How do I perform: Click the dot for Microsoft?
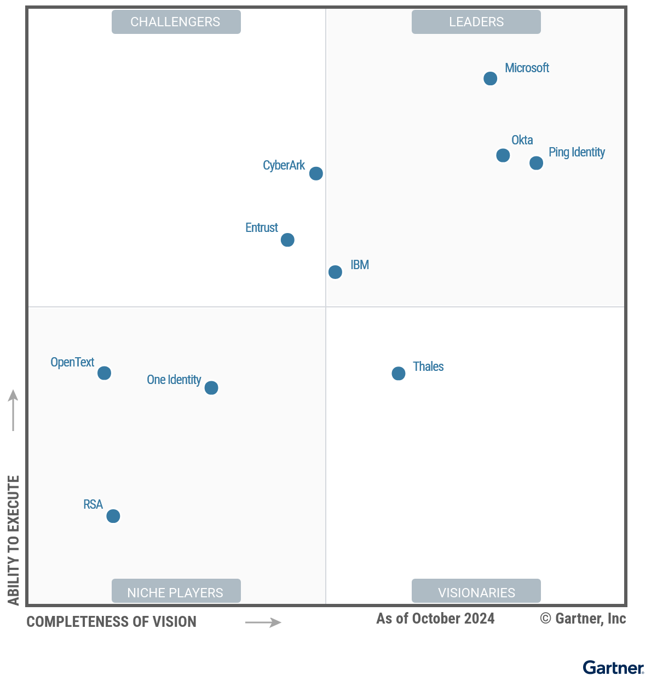click(x=490, y=79)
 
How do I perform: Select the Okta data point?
click(x=503, y=155)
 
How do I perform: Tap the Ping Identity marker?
click(x=536, y=163)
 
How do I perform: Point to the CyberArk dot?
click(x=316, y=173)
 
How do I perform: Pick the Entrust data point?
click(x=287, y=240)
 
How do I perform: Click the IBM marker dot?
click(x=335, y=272)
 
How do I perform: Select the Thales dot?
click(x=399, y=374)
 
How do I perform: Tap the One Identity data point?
click(x=211, y=388)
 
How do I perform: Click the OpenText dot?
click(x=104, y=373)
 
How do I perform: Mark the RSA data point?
click(x=113, y=516)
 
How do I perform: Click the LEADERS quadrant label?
click(x=476, y=22)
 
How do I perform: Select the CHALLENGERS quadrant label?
click(x=176, y=22)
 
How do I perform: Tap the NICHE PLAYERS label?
click(x=176, y=592)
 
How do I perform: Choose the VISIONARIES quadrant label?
click(x=476, y=592)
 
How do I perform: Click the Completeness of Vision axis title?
click(x=112, y=622)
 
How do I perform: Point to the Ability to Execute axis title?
click(x=14, y=540)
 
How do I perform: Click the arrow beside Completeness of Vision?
click(x=263, y=622)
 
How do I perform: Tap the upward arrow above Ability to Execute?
click(x=13, y=410)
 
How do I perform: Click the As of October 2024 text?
click(x=435, y=619)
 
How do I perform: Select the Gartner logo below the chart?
click(x=613, y=667)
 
